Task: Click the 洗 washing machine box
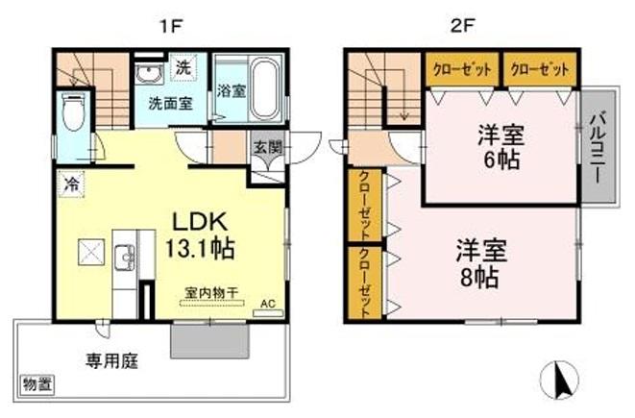click(183, 68)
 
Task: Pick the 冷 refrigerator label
click(70, 180)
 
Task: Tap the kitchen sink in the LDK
click(125, 258)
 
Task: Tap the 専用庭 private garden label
click(112, 362)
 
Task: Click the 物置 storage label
click(38, 384)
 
